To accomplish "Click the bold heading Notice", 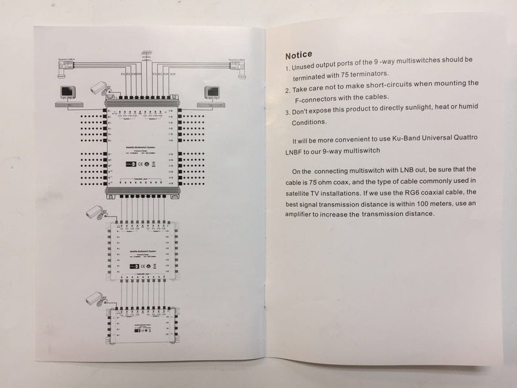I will pos(299,54).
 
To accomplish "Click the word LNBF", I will pos(302,153).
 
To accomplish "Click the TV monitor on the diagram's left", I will pos(67,92).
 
